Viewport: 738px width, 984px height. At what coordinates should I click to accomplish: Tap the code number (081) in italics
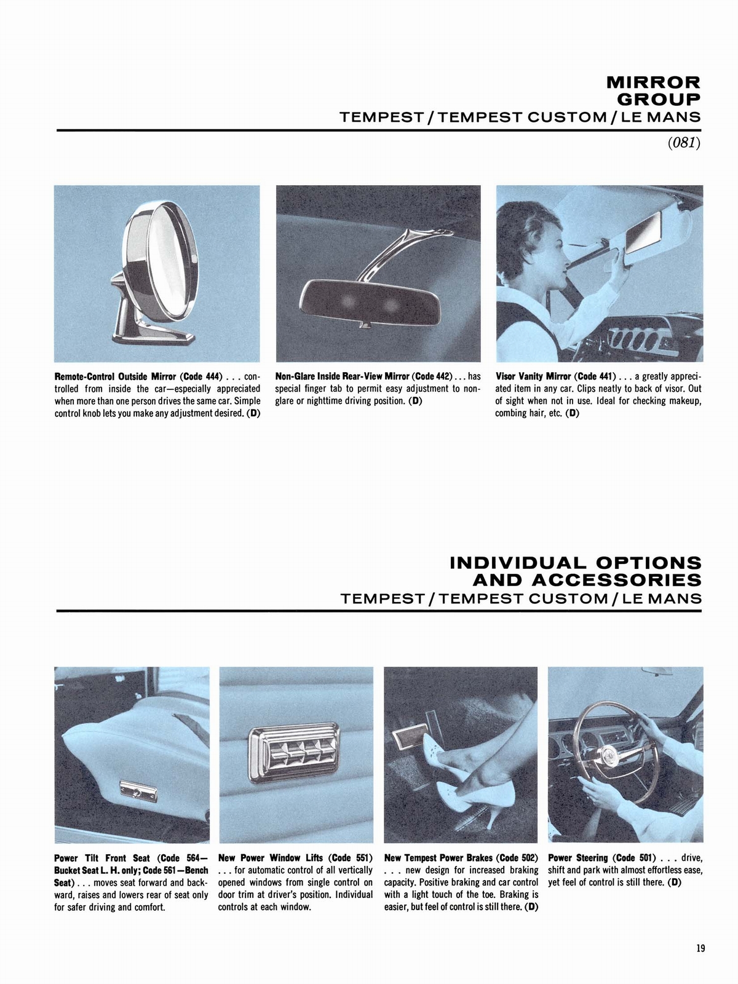coord(684,143)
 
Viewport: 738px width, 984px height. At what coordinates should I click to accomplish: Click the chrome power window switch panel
coord(294,748)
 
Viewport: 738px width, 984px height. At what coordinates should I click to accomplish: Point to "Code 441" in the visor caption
coord(595,376)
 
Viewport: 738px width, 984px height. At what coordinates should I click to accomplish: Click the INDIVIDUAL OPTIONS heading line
coord(576,562)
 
